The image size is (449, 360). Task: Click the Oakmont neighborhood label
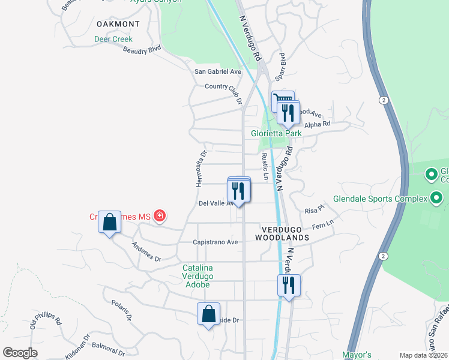point(118,24)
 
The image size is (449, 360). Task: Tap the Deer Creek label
point(113,40)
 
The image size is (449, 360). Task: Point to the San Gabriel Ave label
point(217,71)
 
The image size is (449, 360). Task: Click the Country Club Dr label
point(223,86)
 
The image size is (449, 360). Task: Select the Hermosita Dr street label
point(202,168)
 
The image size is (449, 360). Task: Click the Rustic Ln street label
point(265,166)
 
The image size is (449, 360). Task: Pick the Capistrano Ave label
point(215,242)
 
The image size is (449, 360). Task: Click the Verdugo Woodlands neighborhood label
point(285,233)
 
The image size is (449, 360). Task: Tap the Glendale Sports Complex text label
point(380,199)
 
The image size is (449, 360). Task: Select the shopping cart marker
point(283,100)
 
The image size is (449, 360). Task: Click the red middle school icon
point(160,215)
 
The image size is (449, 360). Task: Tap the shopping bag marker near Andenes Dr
point(109,223)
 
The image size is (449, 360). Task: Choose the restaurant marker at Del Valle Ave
point(239,191)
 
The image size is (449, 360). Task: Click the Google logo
point(20,353)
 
